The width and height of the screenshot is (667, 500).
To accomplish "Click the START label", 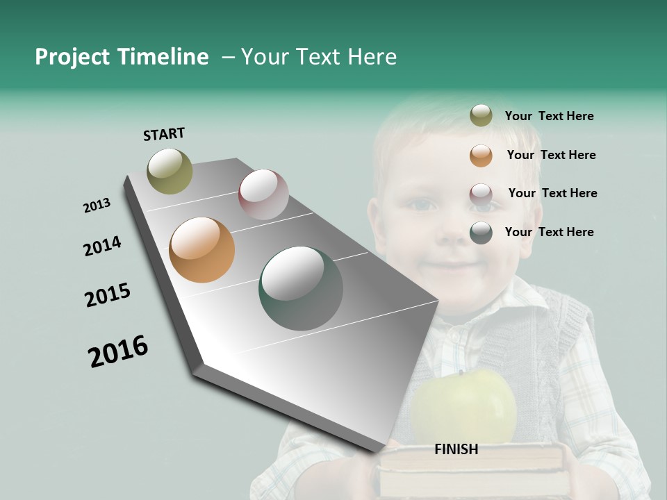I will [x=164, y=134].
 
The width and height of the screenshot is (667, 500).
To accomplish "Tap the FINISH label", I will [x=456, y=449].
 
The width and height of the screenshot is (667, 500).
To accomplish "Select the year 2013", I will [x=97, y=206].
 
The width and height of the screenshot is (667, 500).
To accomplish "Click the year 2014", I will [x=102, y=246].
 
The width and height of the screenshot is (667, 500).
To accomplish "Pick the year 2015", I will [x=108, y=295].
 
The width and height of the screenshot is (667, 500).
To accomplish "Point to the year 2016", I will [x=118, y=351].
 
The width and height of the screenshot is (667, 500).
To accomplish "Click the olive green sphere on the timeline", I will [x=170, y=171].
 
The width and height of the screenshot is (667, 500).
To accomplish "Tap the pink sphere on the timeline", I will [x=263, y=194].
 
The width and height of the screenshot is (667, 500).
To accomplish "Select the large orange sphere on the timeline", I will [x=202, y=250].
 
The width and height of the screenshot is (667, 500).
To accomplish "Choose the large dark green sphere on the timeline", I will [x=300, y=287].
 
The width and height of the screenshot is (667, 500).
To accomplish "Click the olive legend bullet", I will [x=481, y=116].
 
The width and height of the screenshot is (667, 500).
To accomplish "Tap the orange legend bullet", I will [x=481, y=156].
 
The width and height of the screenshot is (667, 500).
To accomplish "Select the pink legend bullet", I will [x=481, y=194].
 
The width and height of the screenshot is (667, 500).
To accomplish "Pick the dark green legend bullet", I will [x=481, y=233].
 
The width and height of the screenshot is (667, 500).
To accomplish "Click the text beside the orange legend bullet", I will [x=551, y=155].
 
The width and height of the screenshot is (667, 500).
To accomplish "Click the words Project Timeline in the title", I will [x=122, y=57].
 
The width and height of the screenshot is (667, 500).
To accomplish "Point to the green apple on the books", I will [x=463, y=408].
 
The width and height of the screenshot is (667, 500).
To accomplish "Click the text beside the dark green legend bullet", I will [x=549, y=232].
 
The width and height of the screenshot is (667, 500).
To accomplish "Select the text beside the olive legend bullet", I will [x=549, y=116].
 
